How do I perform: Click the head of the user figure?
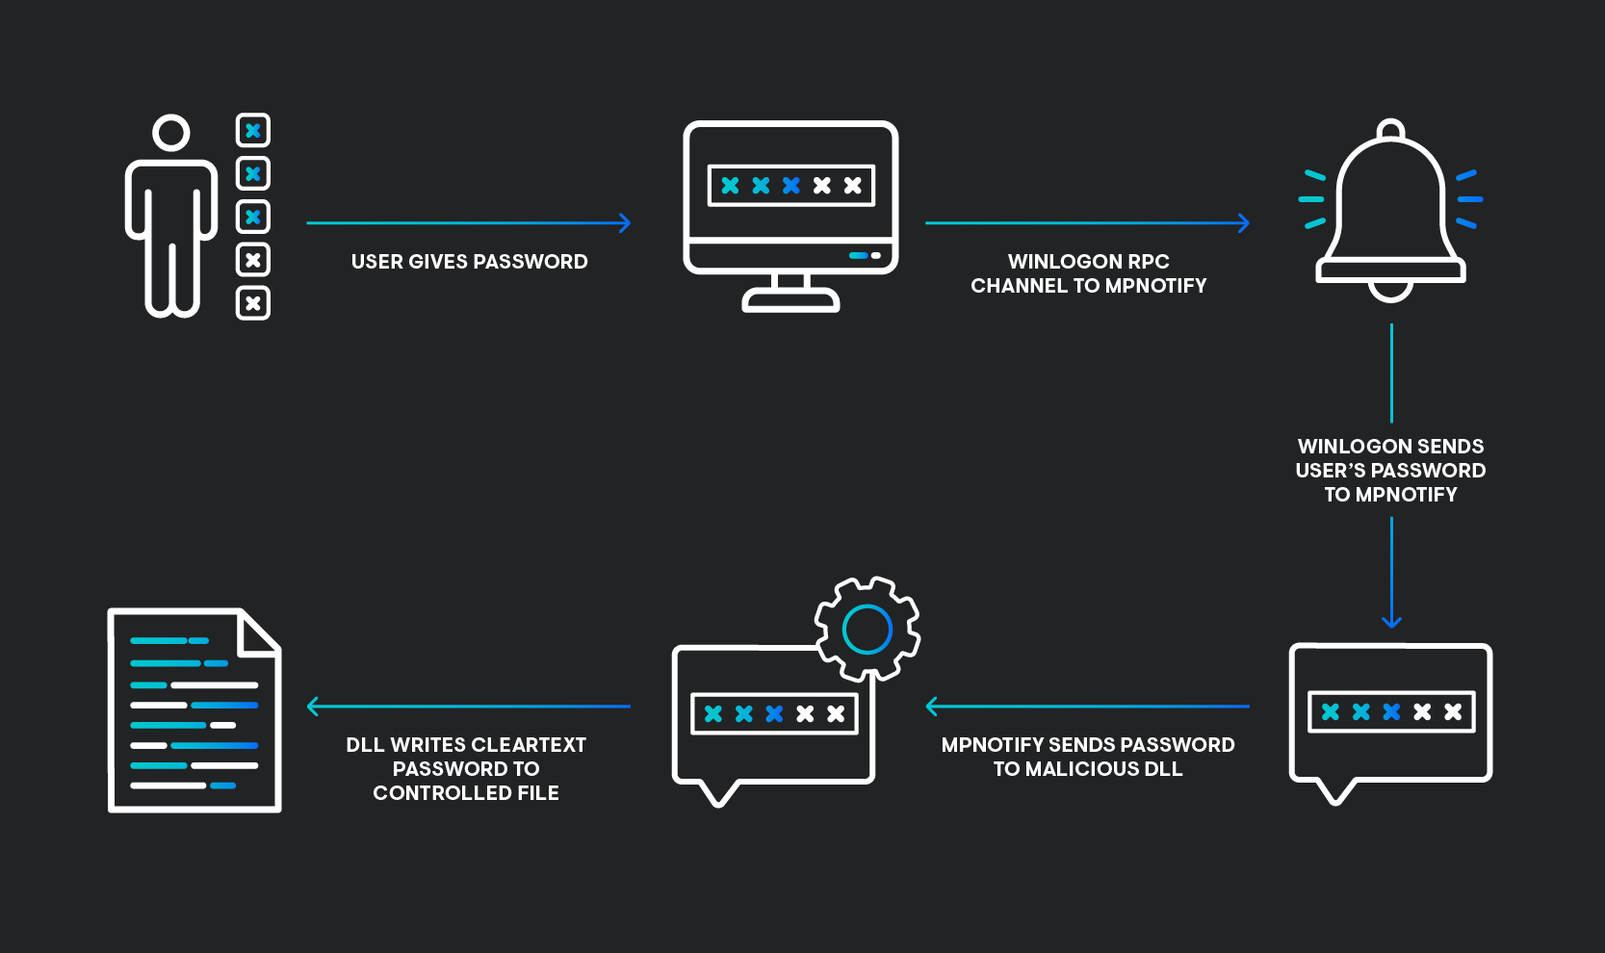coord(171,133)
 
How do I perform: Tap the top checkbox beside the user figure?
coord(253,130)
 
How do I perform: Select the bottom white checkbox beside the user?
coord(253,303)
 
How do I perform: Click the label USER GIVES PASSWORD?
coord(469,262)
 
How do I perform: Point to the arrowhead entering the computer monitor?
coord(625,222)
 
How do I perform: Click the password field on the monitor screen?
coord(791,186)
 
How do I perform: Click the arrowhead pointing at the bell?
coord(1244,222)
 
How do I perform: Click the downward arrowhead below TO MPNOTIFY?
coord(1391,622)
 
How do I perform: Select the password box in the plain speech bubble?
coord(1391,711)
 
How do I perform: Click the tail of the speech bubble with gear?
coord(718,794)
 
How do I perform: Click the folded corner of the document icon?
coord(259,632)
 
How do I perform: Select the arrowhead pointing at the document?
coord(312,707)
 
